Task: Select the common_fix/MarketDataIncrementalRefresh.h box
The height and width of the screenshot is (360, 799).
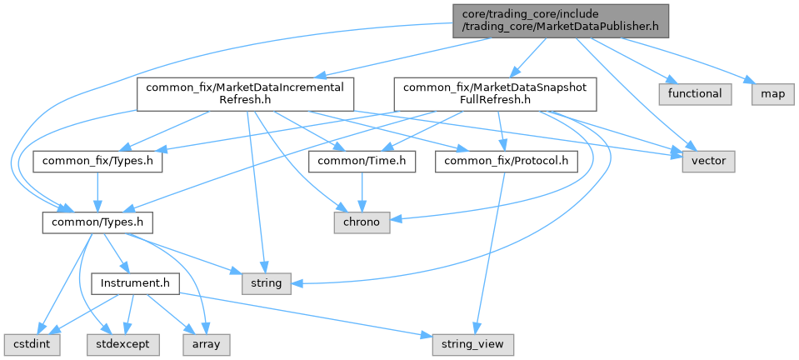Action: [247, 94]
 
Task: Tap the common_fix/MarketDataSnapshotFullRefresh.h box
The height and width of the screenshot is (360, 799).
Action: [495, 94]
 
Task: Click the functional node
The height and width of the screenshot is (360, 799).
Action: [695, 93]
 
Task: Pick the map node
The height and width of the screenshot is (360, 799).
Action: [772, 93]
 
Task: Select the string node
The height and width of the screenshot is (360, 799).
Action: [267, 283]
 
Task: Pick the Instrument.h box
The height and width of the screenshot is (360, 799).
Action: [135, 283]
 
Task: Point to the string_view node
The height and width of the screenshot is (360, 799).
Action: [472, 342]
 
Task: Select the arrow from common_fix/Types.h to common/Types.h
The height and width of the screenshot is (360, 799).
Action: [98, 192]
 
